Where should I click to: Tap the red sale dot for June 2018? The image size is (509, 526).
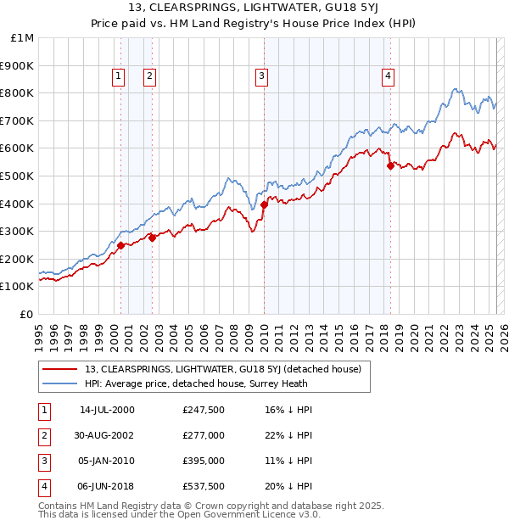390,165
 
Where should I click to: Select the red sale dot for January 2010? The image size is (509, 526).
264,204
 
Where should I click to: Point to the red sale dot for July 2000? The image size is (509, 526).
120,245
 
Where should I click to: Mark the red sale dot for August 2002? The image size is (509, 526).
153,238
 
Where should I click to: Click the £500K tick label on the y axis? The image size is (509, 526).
17,176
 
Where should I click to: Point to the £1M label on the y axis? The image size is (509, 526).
23,37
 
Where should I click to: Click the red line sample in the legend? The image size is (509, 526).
60,369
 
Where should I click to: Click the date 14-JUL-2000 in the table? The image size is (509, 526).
107,410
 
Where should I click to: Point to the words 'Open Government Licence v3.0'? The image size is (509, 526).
248,515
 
